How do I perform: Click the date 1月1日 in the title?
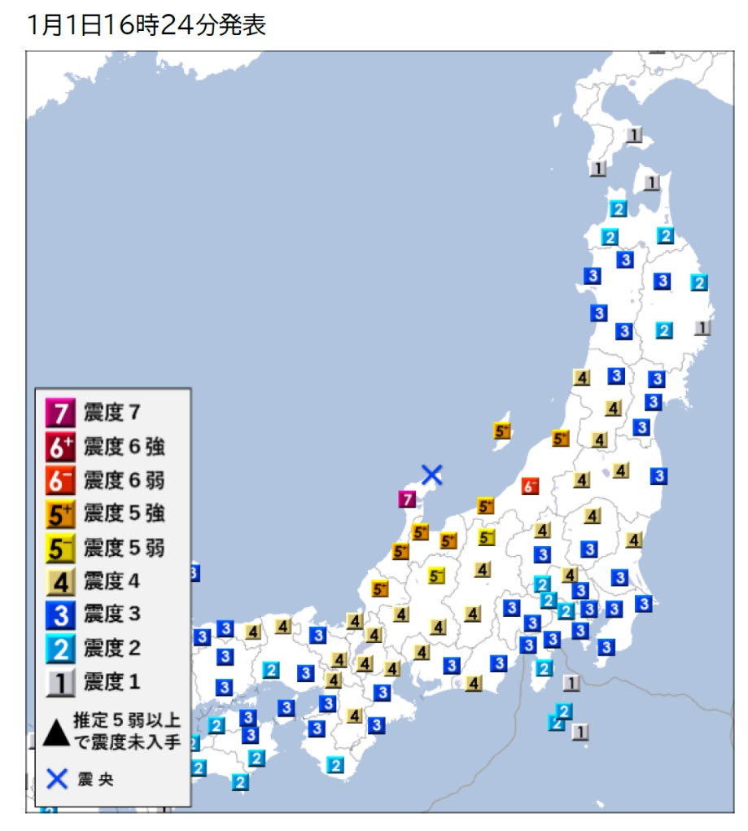64,25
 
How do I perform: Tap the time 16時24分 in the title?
160,25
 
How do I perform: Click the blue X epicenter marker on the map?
431,474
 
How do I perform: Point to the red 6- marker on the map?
531,487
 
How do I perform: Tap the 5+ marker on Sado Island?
502,431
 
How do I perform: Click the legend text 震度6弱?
124,481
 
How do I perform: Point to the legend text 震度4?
113,582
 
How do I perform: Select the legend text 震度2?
113,649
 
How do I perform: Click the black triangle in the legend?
56,732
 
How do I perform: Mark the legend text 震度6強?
124,448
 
